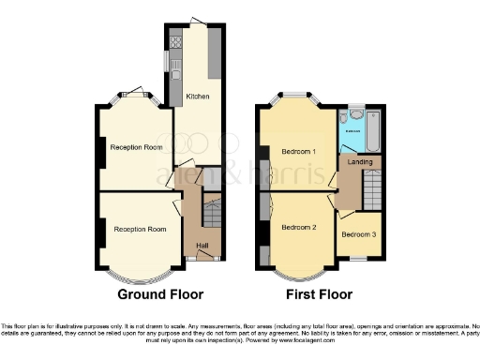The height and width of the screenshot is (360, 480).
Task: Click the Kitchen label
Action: [196, 96]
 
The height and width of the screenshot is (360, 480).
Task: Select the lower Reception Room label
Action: [140, 229]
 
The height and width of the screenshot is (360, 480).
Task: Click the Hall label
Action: [202, 247]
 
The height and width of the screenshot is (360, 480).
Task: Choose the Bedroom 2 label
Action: [299, 227]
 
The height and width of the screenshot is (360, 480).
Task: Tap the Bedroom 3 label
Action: [359, 234]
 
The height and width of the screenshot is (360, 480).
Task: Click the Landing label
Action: [360, 162]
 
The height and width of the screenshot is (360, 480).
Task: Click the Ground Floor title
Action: [159, 294]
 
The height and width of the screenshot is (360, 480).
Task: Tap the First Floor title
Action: [321, 294]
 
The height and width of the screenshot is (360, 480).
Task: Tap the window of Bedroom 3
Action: [358, 257]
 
